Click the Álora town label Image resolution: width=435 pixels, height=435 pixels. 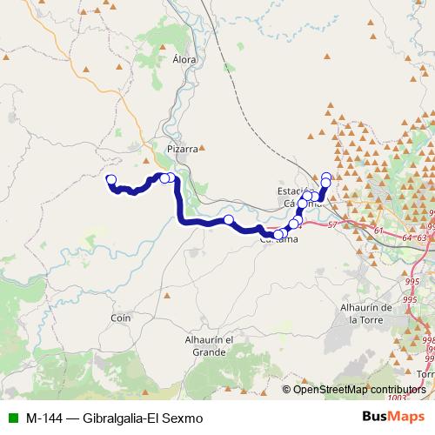(x=184, y=60)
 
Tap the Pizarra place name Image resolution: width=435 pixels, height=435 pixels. (x=183, y=149)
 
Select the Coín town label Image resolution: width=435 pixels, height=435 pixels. (x=120, y=318)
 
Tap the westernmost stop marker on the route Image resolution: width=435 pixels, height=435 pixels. (x=110, y=180)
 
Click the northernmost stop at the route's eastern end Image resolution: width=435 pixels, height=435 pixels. (x=326, y=177)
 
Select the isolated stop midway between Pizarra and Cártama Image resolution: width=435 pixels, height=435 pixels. (x=229, y=220)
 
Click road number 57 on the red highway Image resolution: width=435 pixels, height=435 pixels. (x=331, y=225)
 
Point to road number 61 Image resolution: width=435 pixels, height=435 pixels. (x=378, y=230)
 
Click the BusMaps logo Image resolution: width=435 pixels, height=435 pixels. (x=394, y=417)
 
